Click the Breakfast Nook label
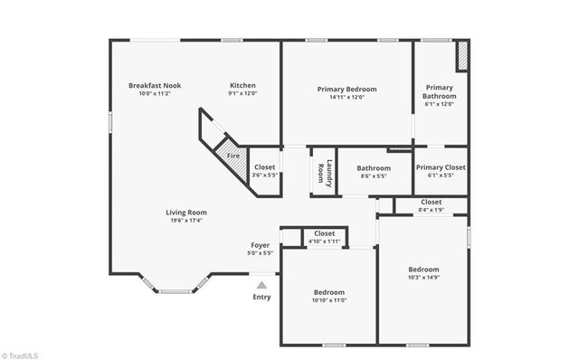pyautogui.click(x=155, y=86)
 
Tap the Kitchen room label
pyautogui.click(x=242, y=86)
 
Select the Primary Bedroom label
pyautogui.click(x=346, y=90)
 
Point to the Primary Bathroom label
pyautogui.click(x=441, y=91)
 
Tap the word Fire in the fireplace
pyautogui.click(x=233, y=156)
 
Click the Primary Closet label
pyautogui.click(x=441, y=167)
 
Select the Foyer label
pyautogui.click(x=260, y=245)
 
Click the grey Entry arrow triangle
pyautogui.click(x=261, y=285)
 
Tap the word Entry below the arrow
pyautogui.click(x=261, y=298)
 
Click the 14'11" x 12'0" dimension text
pyautogui.click(x=346, y=98)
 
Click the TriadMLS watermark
pyautogui.click(x=20, y=353)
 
